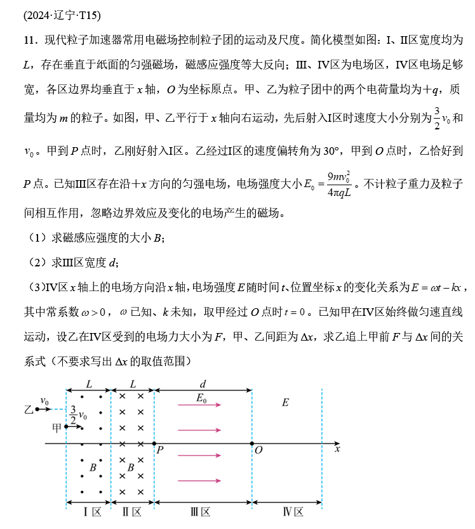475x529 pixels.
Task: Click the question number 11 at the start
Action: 29,40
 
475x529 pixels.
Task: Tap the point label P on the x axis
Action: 160,450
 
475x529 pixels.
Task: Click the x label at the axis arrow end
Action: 337,448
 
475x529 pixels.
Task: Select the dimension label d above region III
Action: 203,384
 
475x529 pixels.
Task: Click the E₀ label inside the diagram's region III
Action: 203,398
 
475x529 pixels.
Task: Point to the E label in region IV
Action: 285,402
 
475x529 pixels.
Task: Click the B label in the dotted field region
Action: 93,467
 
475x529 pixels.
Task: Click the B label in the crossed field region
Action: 130,467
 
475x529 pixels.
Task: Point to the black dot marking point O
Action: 252,443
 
